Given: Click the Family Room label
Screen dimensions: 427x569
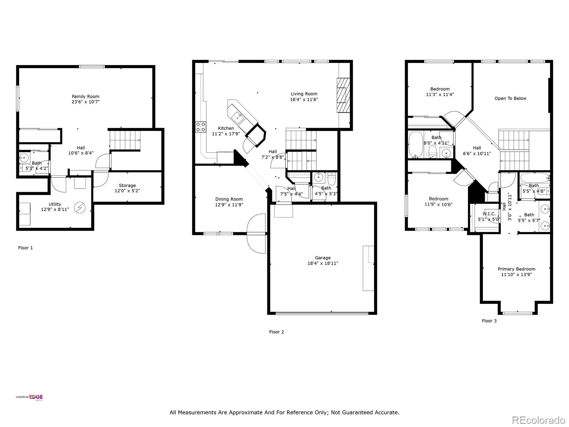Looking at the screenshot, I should pos(85,96).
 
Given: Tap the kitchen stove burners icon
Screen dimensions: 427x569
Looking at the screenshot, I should pos(201,127).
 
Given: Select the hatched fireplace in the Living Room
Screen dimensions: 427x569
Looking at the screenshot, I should pos(343,95).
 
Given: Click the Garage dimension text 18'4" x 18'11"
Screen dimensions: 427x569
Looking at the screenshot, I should pos(323,264).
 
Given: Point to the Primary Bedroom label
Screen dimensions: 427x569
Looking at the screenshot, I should pos(516,269).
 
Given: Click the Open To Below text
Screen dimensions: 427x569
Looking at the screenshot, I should pos(510,99).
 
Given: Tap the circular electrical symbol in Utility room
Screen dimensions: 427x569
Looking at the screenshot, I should pos(79,207).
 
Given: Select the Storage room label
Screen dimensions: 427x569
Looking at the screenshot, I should pos(127,185).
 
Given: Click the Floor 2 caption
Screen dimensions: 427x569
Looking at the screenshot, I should pos(276,332).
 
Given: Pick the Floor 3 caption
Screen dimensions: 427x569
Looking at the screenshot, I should pos(489,321).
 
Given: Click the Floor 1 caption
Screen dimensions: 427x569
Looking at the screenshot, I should pos(25,248).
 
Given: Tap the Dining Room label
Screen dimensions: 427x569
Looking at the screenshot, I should pos(229,199).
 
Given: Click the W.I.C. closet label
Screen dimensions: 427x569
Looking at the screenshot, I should pos(489,214).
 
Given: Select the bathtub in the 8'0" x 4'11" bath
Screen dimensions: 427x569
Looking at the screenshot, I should pos(415,145).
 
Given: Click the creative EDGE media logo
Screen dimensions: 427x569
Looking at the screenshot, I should pos(29,398).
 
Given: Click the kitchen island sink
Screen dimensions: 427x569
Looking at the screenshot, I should pos(237,116).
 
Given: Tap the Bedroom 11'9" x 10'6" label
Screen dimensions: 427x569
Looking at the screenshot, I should pos(438,199).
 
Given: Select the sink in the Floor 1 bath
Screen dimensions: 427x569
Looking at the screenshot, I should pos(24,157).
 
